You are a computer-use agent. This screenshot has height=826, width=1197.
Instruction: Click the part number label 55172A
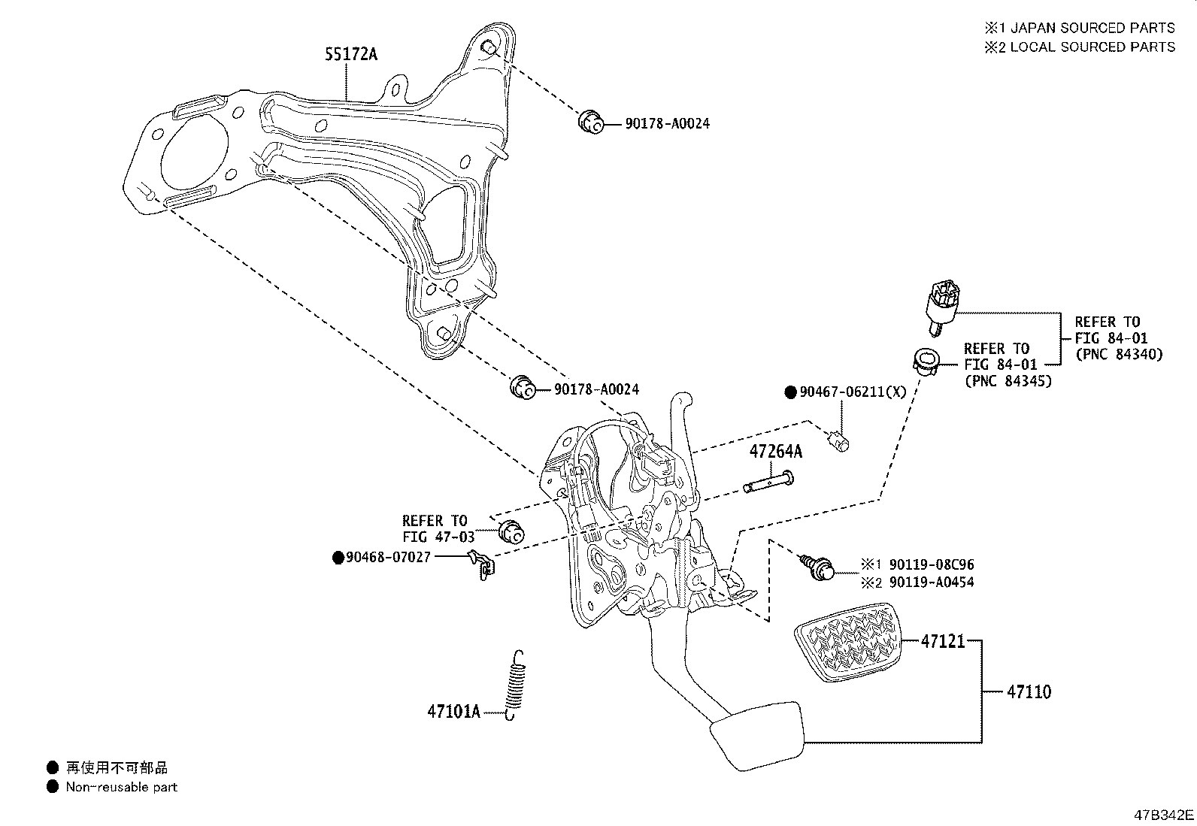point(351,54)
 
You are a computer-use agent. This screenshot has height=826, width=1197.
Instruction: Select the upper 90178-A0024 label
point(667,123)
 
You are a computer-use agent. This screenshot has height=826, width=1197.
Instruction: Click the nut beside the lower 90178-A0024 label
point(522,388)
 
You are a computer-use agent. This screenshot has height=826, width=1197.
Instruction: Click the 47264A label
point(775,452)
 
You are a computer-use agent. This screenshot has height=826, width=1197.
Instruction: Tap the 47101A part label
point(453,710)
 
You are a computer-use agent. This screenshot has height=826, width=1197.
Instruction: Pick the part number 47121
point(943,642)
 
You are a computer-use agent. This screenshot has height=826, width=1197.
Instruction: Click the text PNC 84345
point(1008,382)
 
